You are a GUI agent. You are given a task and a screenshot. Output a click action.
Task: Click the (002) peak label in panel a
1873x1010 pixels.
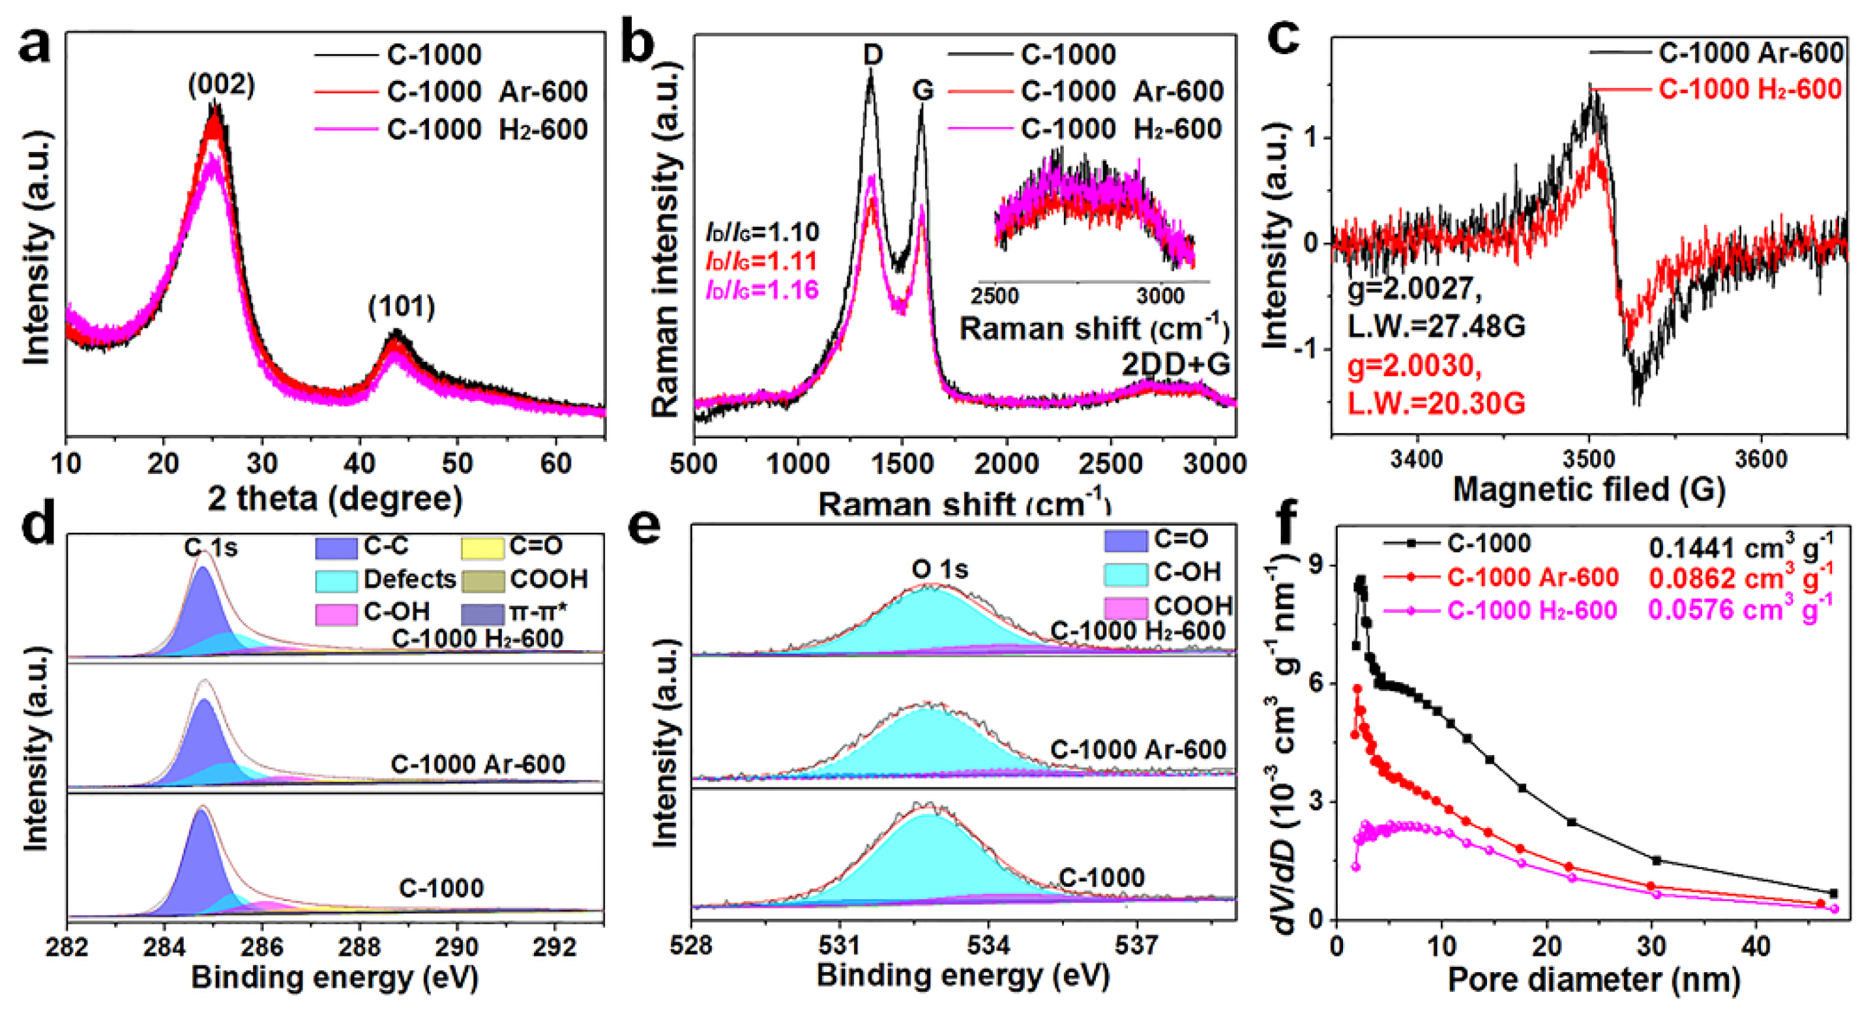coord(221,86)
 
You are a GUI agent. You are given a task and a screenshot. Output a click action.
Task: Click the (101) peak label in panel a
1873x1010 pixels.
coord(402,307)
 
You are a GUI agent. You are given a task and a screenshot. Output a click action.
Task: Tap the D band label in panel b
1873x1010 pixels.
coord(872,55)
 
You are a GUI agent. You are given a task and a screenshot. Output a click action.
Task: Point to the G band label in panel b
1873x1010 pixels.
coord(922,90)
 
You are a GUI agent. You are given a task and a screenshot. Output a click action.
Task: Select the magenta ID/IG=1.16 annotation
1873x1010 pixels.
coord(762,290)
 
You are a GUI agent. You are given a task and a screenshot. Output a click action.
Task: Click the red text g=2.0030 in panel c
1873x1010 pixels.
coord(1414,366)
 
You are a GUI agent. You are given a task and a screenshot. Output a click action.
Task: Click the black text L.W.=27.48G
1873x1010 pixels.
coord(1436,327)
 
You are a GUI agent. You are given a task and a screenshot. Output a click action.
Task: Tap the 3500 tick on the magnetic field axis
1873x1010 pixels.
coord(1589,460)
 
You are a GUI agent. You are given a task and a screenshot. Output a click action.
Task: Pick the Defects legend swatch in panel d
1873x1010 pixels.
coord(336,580)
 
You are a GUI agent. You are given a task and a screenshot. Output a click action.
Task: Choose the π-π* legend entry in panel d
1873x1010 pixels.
coord(538,612)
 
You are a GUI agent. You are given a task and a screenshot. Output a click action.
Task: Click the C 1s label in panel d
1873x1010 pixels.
coord(211,547)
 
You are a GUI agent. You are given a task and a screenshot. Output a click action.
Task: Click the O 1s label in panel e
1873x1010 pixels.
coord(939,569)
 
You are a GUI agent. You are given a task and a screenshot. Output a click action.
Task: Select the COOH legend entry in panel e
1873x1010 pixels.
coord(1192,606)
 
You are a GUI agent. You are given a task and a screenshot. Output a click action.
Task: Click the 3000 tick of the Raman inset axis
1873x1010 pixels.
coord(1160,296)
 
